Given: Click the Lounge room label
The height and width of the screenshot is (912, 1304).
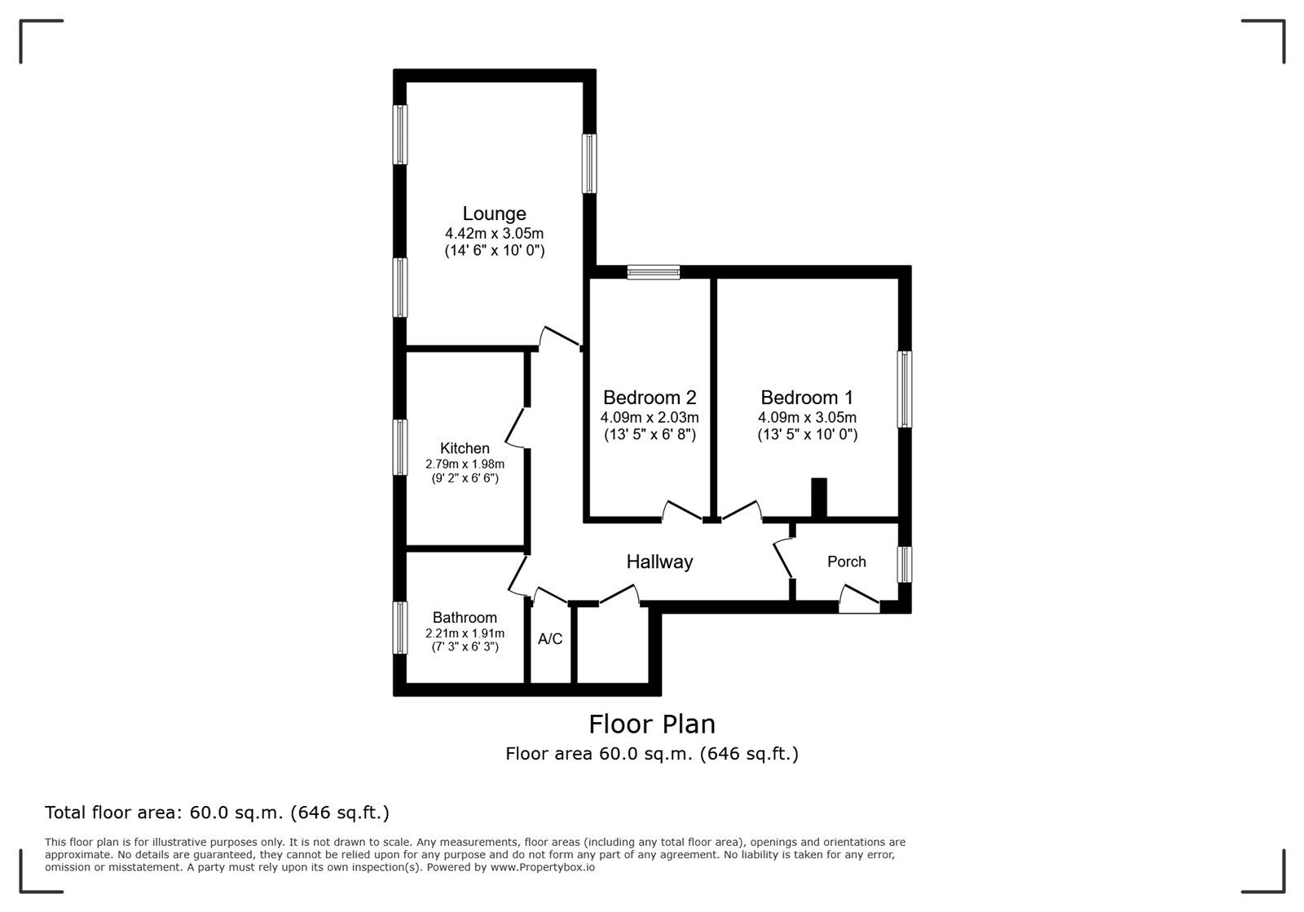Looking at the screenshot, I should tap(494, 214).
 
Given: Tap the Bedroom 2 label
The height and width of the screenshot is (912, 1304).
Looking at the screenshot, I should tap(650, 398).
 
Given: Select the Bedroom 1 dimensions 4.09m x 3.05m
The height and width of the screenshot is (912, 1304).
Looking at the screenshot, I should tap(807, 417).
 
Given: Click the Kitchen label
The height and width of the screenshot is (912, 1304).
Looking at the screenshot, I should tap(465, 448).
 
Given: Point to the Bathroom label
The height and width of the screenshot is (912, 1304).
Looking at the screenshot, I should tap(465, 618).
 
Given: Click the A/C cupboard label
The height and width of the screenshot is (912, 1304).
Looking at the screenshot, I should tap(550, 639).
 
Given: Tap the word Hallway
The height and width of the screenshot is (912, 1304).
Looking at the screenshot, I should tap(659, 562).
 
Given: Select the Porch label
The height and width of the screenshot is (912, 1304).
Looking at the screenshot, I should tap(846, 562).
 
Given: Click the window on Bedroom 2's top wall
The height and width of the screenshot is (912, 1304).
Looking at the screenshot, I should tap(654, 272).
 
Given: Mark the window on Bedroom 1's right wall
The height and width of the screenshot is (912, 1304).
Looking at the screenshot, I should tap(905, 389).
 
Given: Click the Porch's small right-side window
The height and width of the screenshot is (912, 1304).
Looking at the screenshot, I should tap(905, 564).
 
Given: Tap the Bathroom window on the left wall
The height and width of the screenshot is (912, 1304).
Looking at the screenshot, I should tap(400, 627).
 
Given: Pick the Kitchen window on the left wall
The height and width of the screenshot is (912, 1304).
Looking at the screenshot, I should tap(400, 447).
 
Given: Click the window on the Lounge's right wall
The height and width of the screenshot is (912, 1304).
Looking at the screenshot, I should tap(589, 164).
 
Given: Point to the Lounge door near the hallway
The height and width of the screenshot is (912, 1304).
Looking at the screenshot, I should tap(559, 337).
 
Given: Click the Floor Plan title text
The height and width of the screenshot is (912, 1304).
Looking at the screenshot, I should tap(652, 724).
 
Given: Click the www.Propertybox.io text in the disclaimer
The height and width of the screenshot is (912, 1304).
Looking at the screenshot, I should tap(542, 867).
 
